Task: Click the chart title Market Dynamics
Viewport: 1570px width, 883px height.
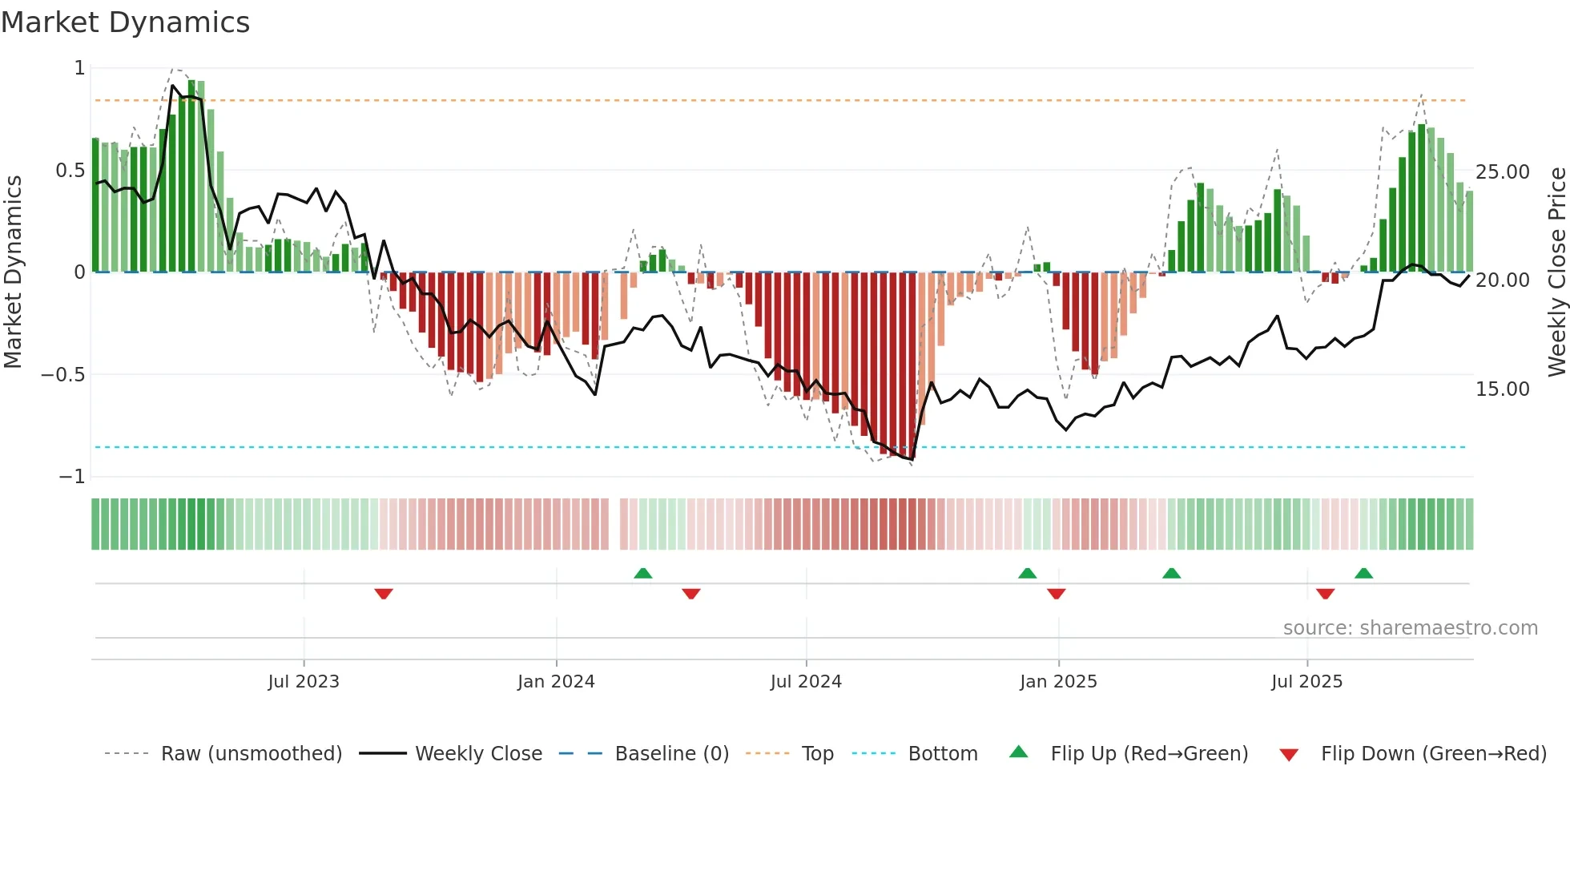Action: [125, 22]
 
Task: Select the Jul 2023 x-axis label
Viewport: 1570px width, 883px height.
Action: [304, 682]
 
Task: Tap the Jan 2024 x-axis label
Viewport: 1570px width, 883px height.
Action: [556, 682]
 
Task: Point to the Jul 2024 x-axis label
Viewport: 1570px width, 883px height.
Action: [806, 682]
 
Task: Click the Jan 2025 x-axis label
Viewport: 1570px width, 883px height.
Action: [1058, 682]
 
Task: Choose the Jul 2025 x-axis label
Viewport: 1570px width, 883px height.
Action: [1306, 682]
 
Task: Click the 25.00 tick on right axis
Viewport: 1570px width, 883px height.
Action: [1503, 172]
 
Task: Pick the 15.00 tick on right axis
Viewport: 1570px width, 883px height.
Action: [1503, 389]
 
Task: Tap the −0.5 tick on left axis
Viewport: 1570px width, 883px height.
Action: [62, 375]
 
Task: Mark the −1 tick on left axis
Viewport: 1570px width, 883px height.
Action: [71, 477]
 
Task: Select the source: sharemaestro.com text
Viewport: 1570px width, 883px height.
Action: [1410, 628]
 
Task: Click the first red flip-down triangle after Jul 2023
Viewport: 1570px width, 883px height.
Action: [384, 594]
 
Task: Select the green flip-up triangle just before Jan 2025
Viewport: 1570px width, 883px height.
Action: [1027, 573]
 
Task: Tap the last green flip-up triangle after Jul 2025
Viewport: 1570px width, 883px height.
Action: [1363, 573]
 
